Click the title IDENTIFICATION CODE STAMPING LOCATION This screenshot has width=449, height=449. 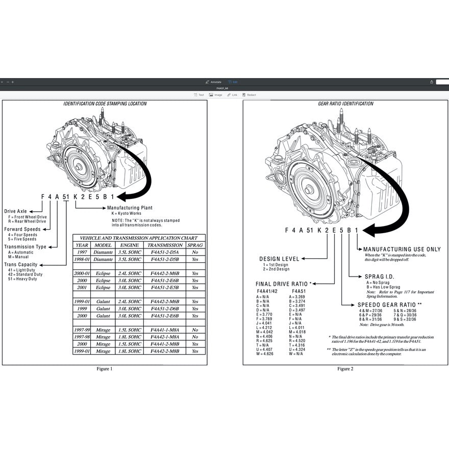(105, 104)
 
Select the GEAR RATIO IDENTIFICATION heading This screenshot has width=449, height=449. (345, 104)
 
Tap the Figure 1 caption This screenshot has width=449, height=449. (104, 368)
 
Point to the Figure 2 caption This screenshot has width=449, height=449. (345, 368)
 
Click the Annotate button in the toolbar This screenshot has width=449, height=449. (213, 82)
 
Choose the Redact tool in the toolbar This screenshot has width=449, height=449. (250, 95)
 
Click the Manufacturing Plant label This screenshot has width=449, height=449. (129, 208)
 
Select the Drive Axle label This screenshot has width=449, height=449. (17, 211)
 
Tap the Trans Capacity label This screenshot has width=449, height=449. (20, 264)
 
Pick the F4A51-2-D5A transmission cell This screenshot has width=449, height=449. (165, 252)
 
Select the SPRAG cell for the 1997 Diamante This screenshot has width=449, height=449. (195, 252)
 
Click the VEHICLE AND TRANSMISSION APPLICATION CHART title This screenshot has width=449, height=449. (139, 238)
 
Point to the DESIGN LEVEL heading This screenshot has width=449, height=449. (279, 259)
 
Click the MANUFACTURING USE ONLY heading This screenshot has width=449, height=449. (402, 250)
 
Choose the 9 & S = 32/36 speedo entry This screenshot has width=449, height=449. (405, 319)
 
